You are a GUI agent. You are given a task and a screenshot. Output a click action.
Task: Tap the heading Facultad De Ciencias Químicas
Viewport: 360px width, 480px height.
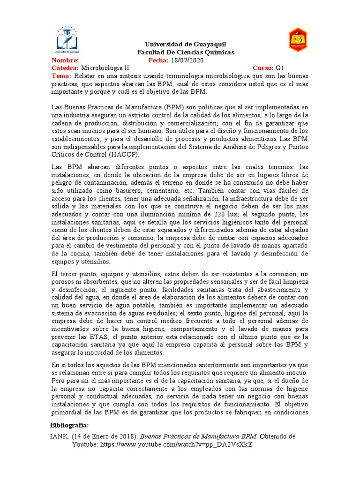pyautogui.click(x=185, y=52)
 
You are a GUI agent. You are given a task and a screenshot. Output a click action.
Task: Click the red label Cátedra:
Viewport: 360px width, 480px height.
pyautogui.click(x=65, y=68)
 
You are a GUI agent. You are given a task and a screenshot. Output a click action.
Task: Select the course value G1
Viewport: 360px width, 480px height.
pyautogui.click(x=280, y=68)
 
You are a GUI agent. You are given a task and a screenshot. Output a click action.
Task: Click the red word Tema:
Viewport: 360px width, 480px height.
pyautogui.click(x=61, y=76)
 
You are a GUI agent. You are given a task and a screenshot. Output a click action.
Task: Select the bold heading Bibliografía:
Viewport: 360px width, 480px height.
pyautogui.click(x=69, y=425)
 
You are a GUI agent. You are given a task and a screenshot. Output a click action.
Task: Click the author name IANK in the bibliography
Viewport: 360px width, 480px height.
pyautogui.click(x=59, y=436)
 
